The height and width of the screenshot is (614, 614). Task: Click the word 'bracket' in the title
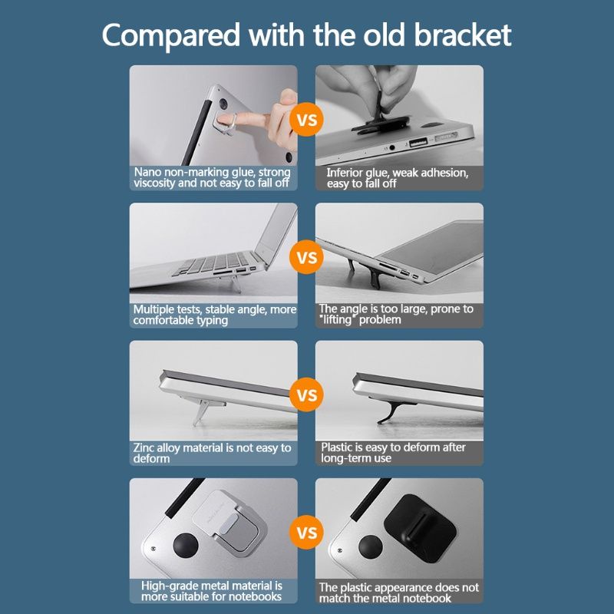[462, 35]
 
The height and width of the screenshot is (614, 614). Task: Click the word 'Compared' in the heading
[170, 36]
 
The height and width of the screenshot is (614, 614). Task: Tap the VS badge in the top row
[306, 120]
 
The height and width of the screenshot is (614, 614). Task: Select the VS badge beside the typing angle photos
[306, 257]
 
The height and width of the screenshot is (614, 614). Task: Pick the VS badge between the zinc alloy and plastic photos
[306, 394]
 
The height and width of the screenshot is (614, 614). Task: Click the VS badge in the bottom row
[306, 533]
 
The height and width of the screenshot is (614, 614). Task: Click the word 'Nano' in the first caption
[147, 172]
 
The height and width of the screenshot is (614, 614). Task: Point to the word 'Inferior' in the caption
[344, 173]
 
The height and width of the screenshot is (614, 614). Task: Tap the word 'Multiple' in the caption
[153, 310]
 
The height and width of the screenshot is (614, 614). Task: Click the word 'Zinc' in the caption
[144, 447]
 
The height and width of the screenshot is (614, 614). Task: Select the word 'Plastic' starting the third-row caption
[337, 447]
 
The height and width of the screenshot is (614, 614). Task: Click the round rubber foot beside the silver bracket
[186, 546]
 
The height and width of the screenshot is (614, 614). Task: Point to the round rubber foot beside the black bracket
[371, 547]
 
